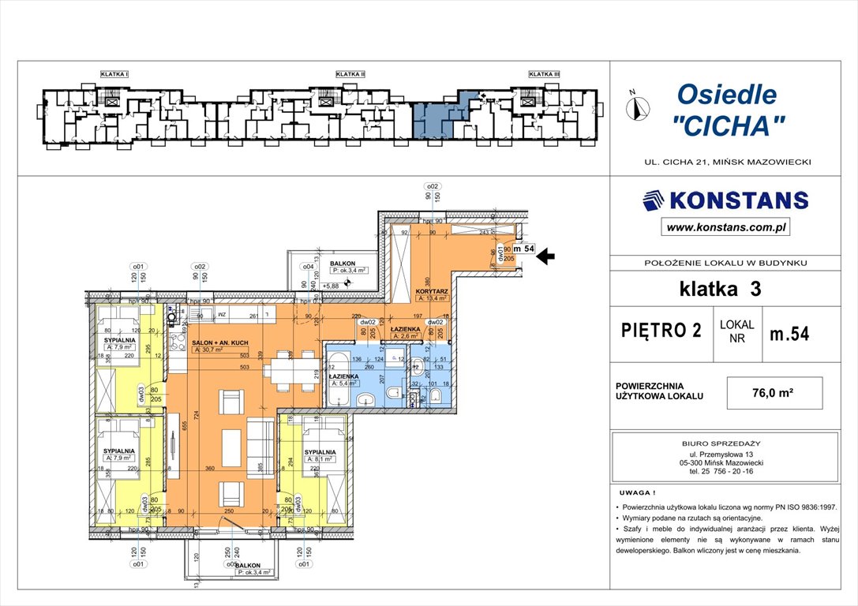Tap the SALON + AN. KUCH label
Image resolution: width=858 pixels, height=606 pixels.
click(221, 343)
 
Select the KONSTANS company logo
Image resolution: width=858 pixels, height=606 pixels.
click(725, 200)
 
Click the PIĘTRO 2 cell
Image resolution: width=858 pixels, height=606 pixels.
click(661, 331)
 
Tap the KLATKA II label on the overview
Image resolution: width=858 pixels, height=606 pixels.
click(350, 74)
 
